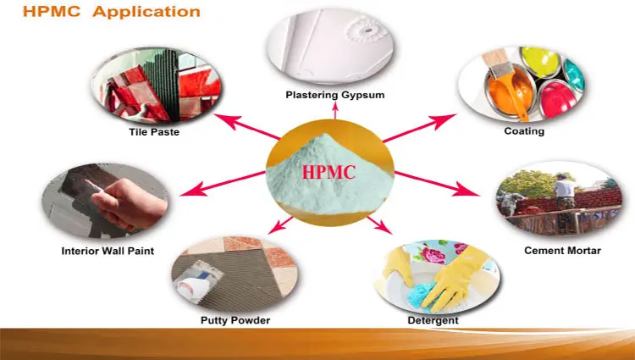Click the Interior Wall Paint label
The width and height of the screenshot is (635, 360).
(108, 251)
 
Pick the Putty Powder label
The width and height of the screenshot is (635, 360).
(235, 319)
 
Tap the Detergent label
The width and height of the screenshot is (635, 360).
(433, 320)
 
